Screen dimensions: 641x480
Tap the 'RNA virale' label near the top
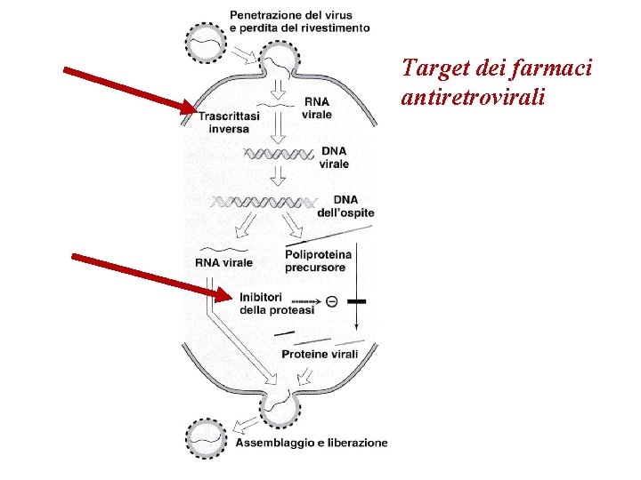(x=317, y=108)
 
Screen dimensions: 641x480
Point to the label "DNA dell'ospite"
(x=345, y=205)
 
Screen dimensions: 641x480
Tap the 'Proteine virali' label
(x=320, y=354)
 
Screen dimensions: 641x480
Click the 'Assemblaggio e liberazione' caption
(x=312, y=442)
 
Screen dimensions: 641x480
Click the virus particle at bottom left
(x=207, y=437)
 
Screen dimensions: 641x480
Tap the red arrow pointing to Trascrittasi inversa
(x=130, y=90)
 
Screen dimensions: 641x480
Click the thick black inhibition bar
(x=356, y=302)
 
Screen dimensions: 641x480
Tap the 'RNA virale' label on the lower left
(x=223, y=262)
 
